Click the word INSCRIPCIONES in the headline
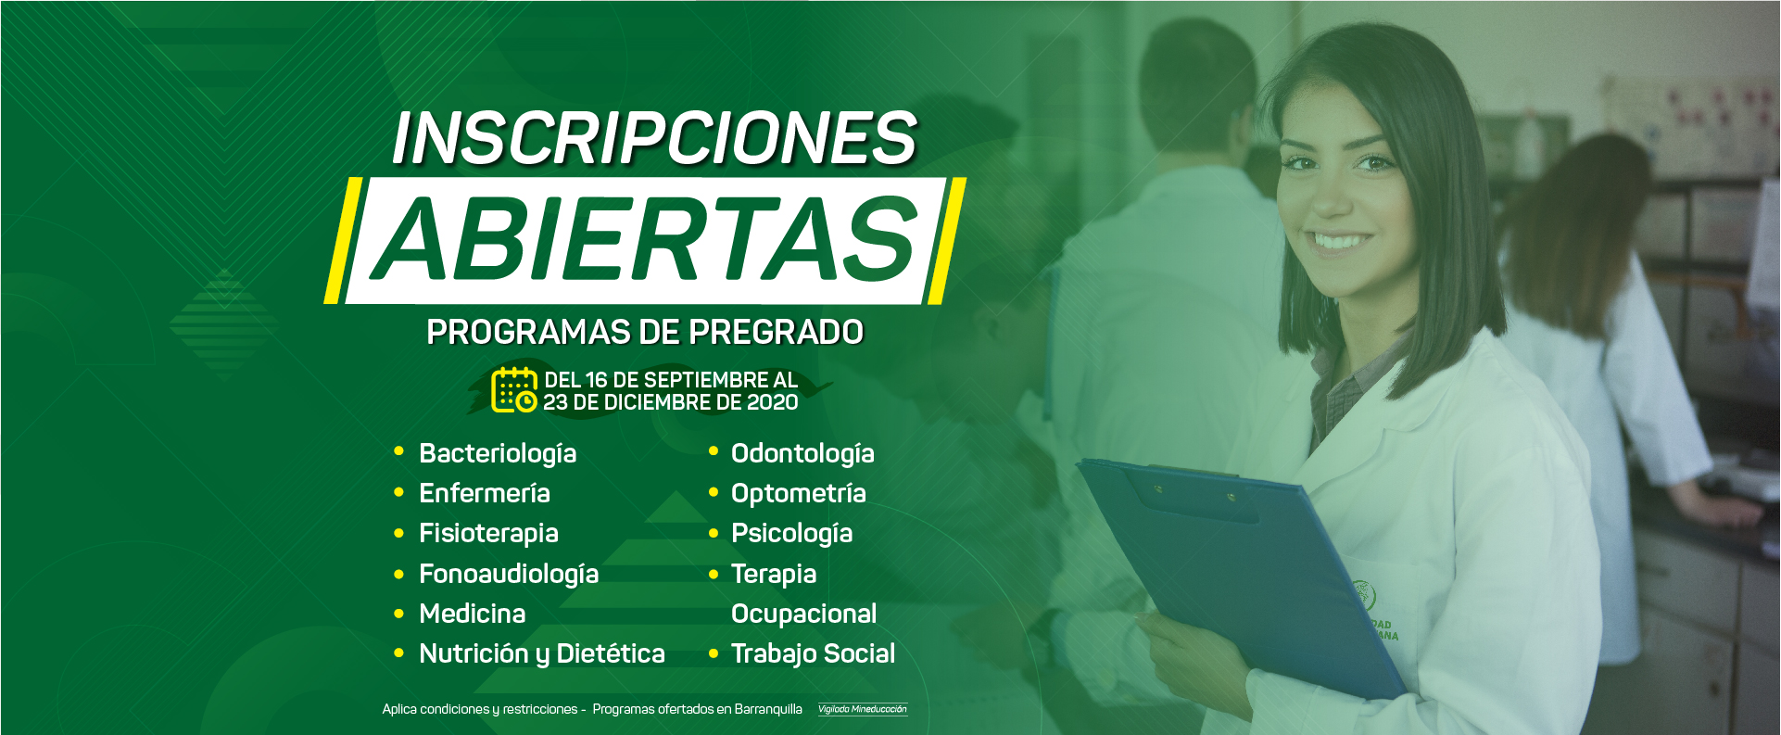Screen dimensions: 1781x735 click(654, 138)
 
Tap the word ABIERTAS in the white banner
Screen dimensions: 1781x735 click(645, 239)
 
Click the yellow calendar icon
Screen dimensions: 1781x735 click(513, 389)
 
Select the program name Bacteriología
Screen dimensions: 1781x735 click(498, 453)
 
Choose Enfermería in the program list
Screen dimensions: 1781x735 click(485, 493)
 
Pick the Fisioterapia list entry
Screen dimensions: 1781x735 click(488, 533)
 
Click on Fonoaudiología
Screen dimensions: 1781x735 click(509, 574)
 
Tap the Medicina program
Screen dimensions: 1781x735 click(473, 614)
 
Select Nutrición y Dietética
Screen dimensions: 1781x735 click(542, 653)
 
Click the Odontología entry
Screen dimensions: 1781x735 click(802, 453)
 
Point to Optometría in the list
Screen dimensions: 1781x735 click(799, 493)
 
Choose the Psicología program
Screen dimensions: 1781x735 click(791, 533)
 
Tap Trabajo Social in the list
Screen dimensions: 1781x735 click(813, 653)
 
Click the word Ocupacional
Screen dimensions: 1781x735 click(803, 614)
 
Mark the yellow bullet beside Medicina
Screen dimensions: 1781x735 click(398, 614)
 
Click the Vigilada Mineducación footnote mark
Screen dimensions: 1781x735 click(862, 709)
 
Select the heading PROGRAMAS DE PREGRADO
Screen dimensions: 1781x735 click(645, 332)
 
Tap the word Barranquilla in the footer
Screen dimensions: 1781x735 click(768, 709)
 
